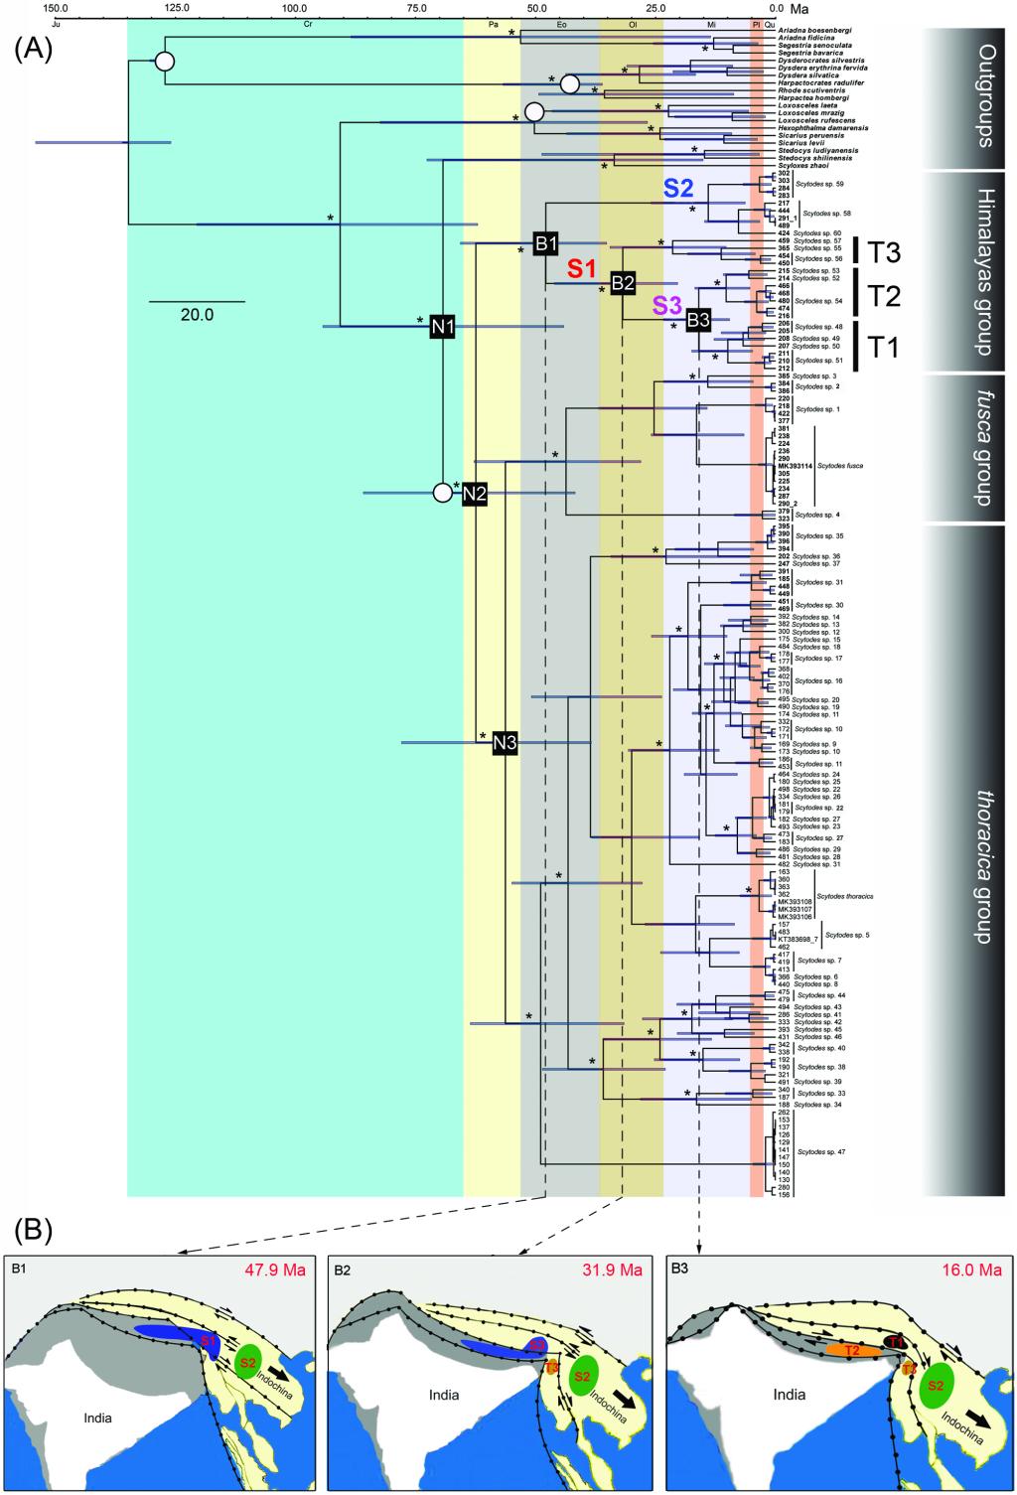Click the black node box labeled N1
tap(443, 325)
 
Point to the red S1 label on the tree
tap(582, 268)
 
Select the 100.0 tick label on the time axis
tap(294, 8)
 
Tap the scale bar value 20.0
tap(197, 315)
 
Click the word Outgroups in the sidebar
tap(984, 95)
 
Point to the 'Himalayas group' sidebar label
tap(984, 270)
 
